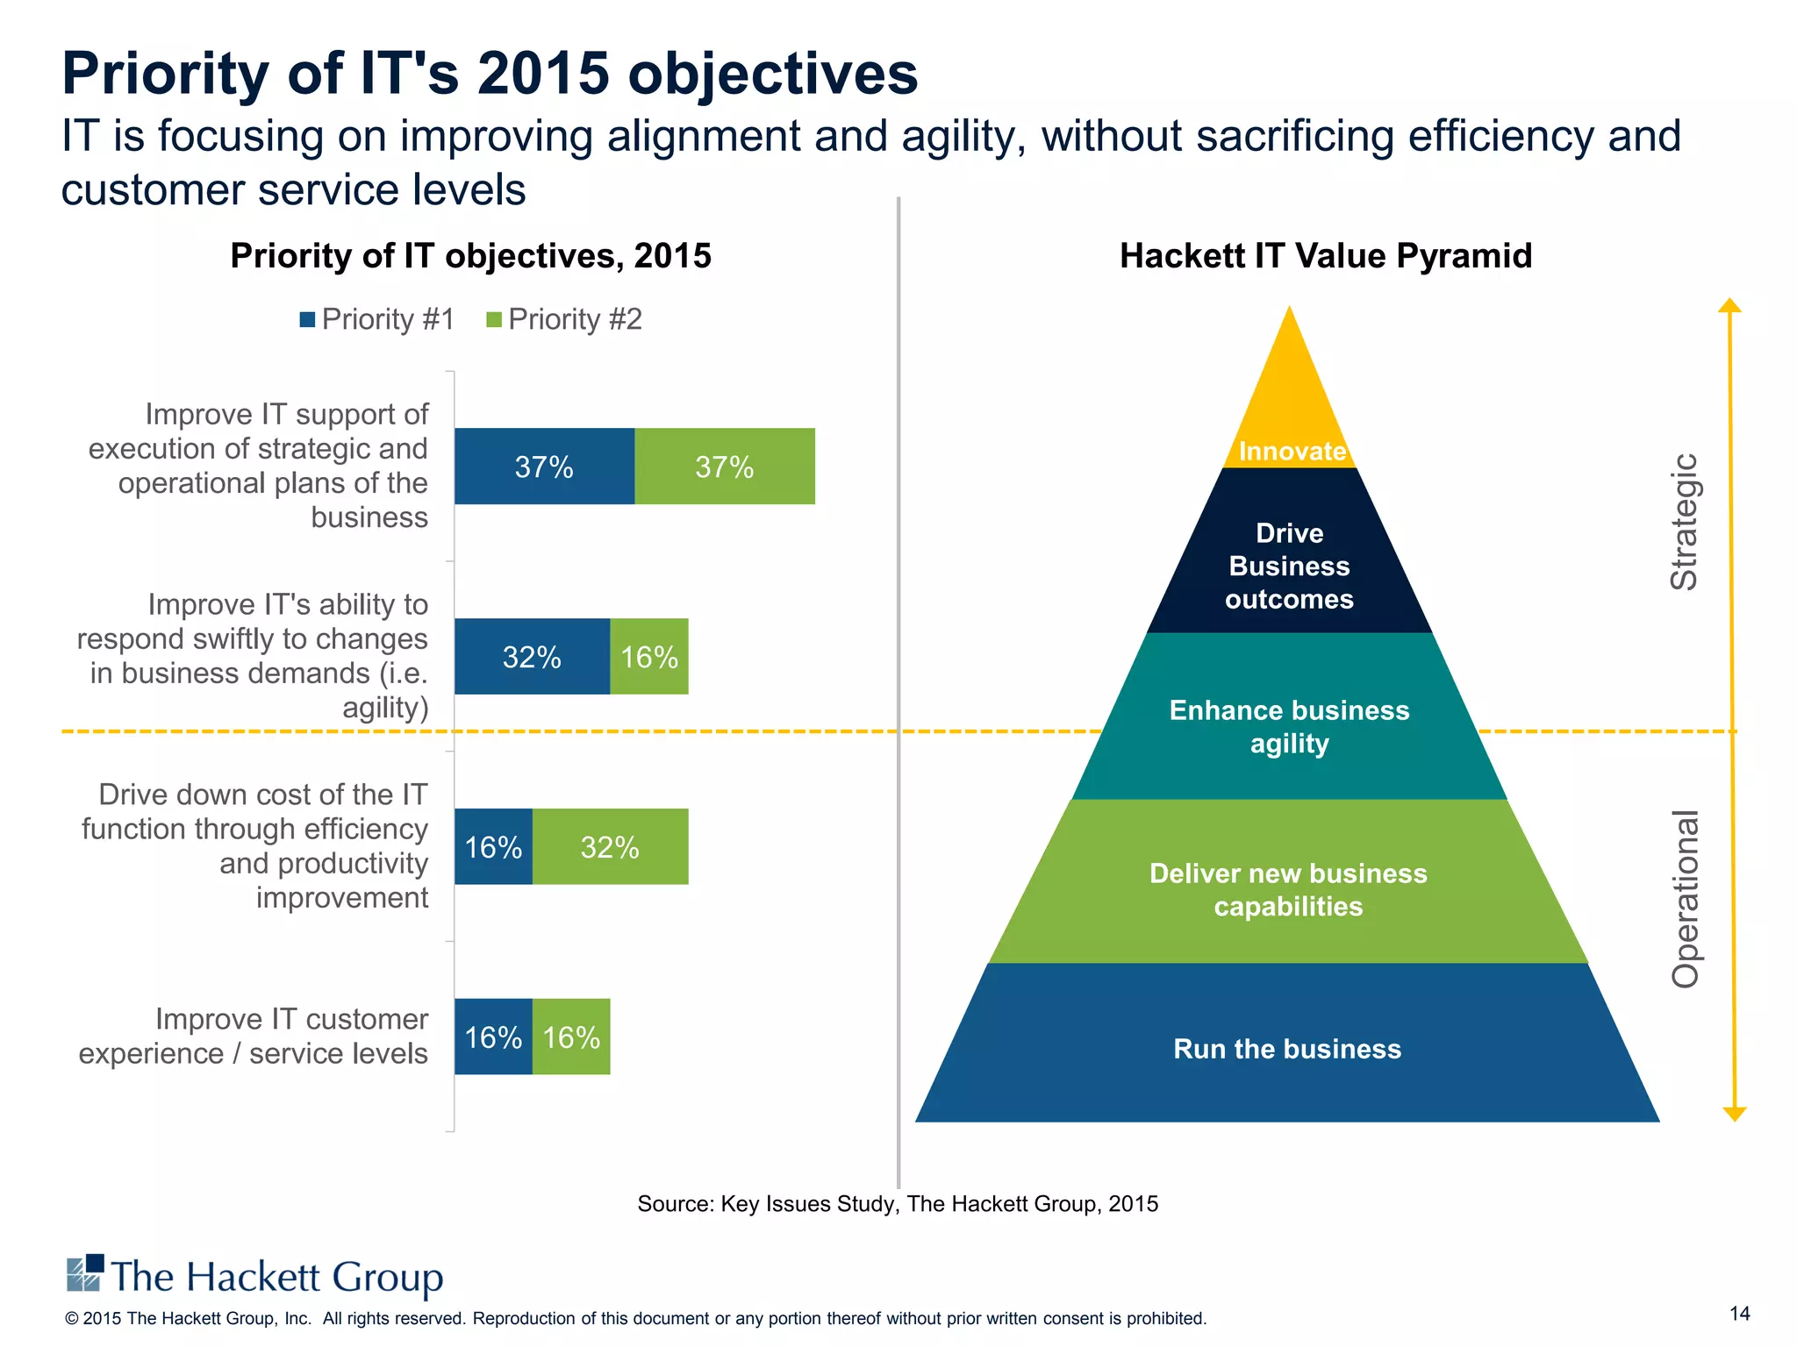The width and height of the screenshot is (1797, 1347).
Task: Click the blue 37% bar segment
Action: pyautogui.click(x=544, y=467)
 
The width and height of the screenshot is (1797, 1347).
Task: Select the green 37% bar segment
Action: pyautogui.click(x=725, y=467)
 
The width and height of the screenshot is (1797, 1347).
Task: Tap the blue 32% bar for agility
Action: pyautogui.click(x=532, y=657)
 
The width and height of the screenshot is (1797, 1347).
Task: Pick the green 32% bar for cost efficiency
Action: pyautogui.click(x=610, y=847)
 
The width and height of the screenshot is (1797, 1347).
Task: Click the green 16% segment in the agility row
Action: pyautogui.click(x=649, y=657)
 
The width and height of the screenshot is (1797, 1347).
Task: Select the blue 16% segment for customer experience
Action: pyautogui.click(x=493, y=1037)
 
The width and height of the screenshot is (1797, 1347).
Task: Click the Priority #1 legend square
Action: pyautogui.click(x=307, y=319)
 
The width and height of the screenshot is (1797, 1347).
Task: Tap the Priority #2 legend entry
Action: pyautogui.click(x=565, y=319)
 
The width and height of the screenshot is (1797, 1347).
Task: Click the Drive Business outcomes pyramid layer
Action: pyautogui.click(x=1290, y=566)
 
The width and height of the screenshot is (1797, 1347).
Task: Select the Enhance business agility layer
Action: pyautogui.click(x=1290, y=726)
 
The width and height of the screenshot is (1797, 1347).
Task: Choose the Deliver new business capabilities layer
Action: pyautogui.click(x=1288, y=889)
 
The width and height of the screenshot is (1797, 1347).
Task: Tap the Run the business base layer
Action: pyautogui.click(x=1287, y=1049)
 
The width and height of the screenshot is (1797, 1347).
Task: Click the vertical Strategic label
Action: pyautogui.click(x=1684, y=522)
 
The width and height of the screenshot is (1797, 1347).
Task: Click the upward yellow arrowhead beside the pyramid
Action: pyautogui.click(x=1729, y=305)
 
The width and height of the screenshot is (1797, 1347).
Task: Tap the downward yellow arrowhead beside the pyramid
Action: pyautogui.click(x=1735, y=1114)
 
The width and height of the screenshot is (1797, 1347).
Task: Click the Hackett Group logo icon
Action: pyautogui.click(x=85, y=1273)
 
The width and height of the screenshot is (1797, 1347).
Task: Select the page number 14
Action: pyautogui.click(x=1739, y=1314)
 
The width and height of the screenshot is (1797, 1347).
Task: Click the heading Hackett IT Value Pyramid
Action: pyautogui.click(x=1326, y=256)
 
